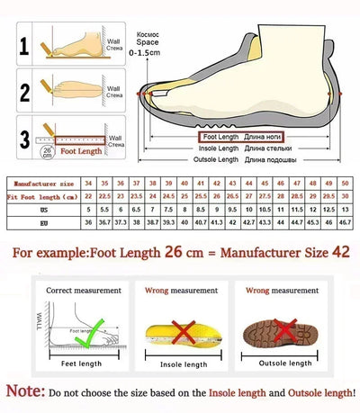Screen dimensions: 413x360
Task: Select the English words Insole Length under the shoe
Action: pyautogui.click(x=219, y=148)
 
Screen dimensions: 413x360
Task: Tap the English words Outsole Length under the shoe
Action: pyautogui.click(x=217, y=159)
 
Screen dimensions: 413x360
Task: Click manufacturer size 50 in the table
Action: pyautogui.click(x=345, y=183)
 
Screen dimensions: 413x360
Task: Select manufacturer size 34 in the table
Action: pyautogui.click(x=87, y=183)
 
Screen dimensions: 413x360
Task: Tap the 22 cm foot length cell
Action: pyautogui.click(x=87, y=195)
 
